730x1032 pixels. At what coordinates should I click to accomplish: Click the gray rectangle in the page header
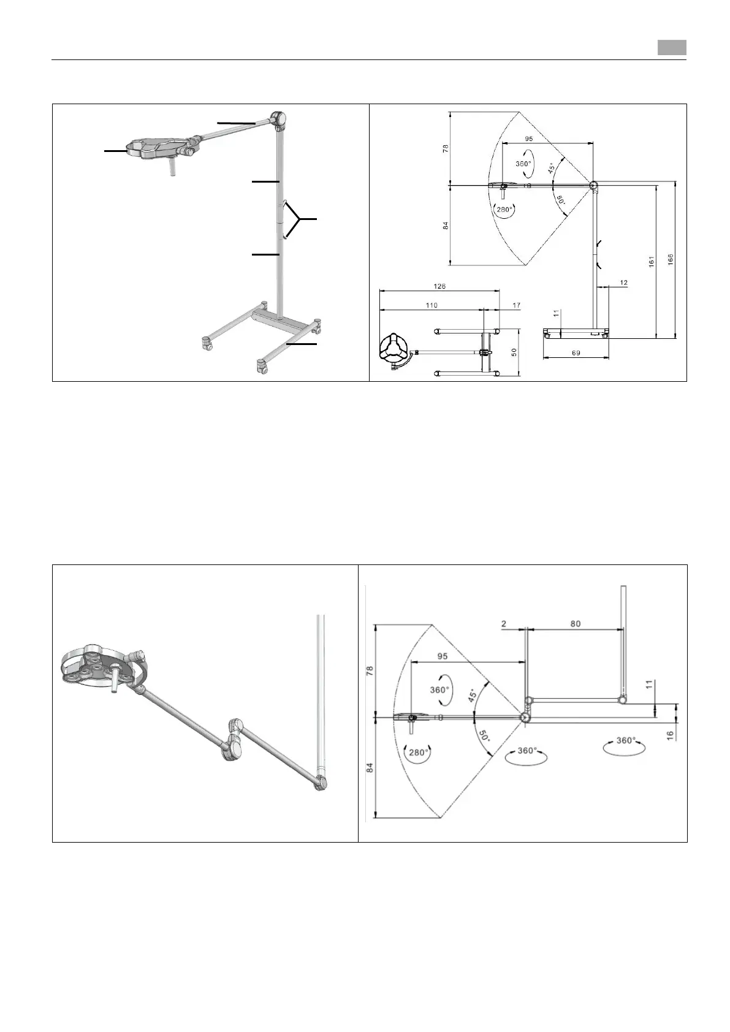click(672, 48)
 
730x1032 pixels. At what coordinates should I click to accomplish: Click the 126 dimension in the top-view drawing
click(439, 286)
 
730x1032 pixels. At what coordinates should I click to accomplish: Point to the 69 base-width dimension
click(576, 354)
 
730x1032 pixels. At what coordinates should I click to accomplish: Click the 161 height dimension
click(652, 261)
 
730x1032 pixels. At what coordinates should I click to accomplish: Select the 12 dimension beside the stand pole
click(623, 283)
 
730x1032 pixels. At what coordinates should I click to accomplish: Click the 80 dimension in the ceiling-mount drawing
click(575, 624)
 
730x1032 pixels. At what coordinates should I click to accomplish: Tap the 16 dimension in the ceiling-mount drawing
click(669, 734)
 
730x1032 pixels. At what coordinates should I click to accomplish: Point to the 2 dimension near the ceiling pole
click(504, 624)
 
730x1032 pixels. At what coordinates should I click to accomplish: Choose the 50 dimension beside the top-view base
click(515, 352)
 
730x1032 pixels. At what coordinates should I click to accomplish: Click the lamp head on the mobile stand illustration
click(156, 148)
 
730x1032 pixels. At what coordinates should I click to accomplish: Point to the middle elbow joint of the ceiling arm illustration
click(235, 739)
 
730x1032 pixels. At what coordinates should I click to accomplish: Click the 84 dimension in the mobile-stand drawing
click(446, 226)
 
